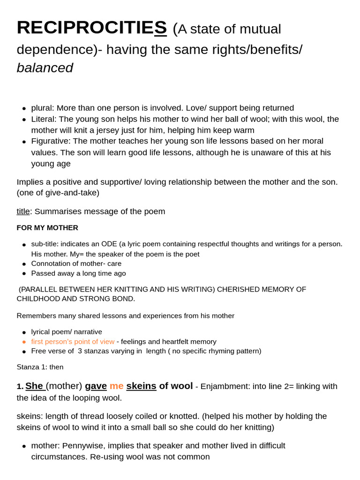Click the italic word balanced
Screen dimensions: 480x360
click(x=45, y=68)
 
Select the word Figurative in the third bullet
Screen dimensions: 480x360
click(x=50, y=141)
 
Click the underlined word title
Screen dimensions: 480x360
click(x=23, y=211)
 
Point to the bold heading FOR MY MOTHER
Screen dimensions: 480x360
click(x=47, y=228)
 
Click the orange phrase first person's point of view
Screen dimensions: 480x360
click(x=73, y=342)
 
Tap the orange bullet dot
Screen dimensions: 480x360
click(x=24, y=342)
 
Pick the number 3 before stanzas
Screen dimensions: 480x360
click(x=80, y=351)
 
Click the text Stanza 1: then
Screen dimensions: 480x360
click(x=40, y=367)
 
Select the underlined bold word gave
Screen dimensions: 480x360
click(x=96, y=386)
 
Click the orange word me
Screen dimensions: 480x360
click(x=117, y=386)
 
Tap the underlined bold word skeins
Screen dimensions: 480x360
click(x=141, y=386)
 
